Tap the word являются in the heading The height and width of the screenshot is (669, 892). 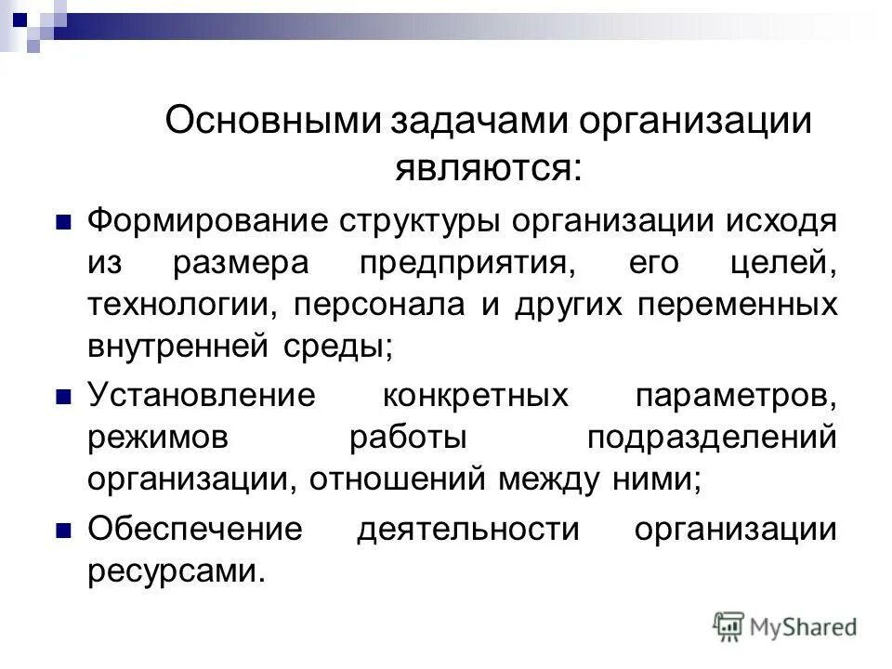click(475, 166)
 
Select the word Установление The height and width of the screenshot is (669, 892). click(202, 396)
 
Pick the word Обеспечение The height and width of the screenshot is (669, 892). click(195, 529)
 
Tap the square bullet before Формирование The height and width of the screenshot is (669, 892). click(64, 223)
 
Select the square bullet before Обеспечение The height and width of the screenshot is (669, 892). click(64, 530)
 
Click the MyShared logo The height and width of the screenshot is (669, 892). click(785, 626)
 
